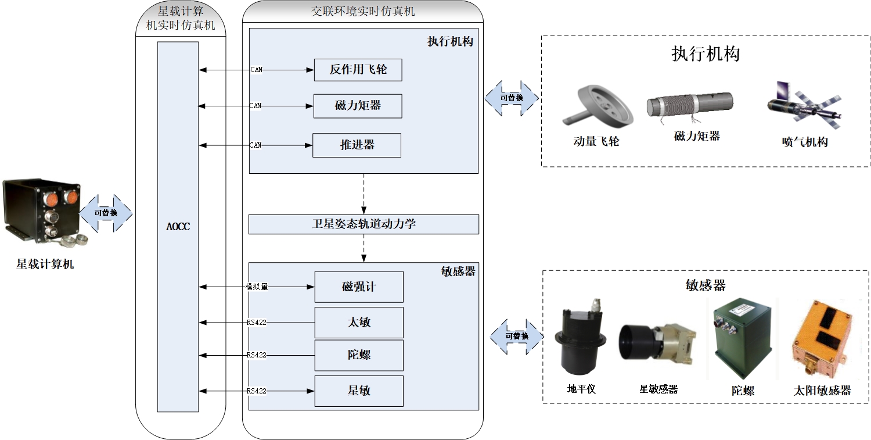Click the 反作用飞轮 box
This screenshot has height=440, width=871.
click(x=358, y=70)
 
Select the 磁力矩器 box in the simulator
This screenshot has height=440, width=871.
click(x=358, y=106)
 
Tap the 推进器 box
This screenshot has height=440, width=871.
click(x=357, y=145)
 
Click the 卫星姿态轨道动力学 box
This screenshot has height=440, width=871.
click(x=363, y=224)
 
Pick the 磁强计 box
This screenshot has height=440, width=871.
click(x=359, y=287)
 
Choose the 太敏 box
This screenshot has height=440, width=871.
click(x=359, y=322)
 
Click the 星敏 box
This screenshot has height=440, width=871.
click(x=359, y=391)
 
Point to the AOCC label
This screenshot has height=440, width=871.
click(x=178, y=227)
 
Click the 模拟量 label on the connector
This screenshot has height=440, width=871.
click(x=257, y=287)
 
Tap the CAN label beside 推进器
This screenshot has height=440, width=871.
click(x=255, y=145)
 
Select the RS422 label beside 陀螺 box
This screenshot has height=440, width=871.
click(x=256, y=355)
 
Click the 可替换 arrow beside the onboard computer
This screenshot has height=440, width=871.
click(x=106, y=213)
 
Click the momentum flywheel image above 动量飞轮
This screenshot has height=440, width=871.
click(x=595, y=107)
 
